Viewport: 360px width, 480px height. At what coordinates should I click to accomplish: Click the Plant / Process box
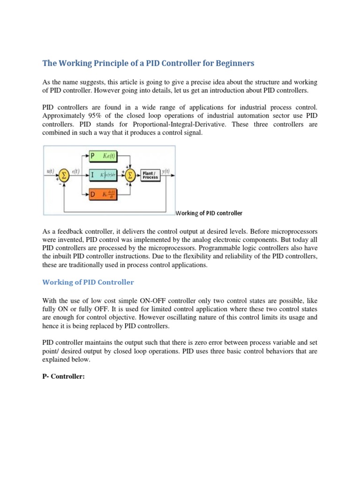point(150,175)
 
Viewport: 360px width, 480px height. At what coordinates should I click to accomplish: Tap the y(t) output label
point(166,172)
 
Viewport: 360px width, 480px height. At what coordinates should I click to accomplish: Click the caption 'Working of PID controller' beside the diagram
point(210,213)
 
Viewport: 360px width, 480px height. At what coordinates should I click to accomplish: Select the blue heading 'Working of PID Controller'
point(88,282)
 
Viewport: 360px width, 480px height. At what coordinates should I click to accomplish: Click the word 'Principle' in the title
point(110,63)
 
